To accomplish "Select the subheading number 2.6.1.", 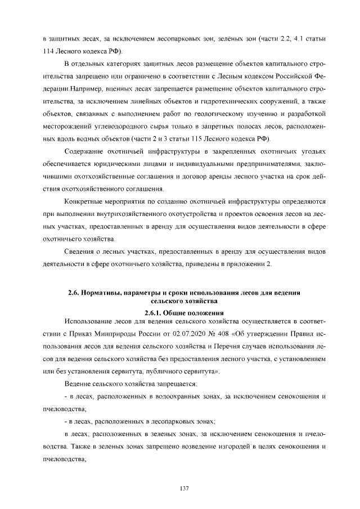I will pos(154,313).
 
